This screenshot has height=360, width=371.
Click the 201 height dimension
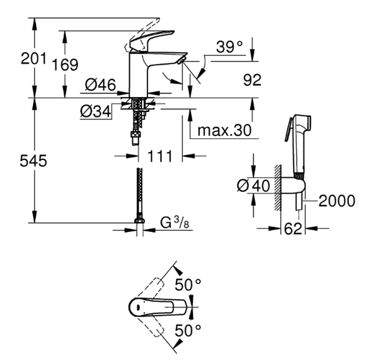click(x=33, y=58)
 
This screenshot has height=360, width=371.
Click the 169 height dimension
click(x=65, y=65)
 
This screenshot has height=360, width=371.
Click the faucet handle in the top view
click(x=157, y=308)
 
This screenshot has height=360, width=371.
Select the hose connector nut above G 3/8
click(x=139, y=219)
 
